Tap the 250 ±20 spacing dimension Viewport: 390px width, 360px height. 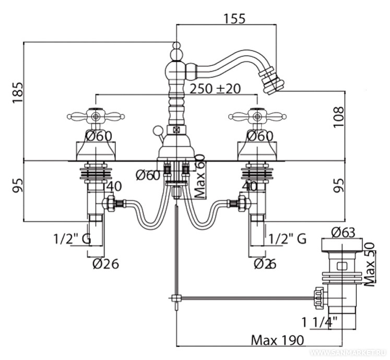pyautogui.click(x=216, y=89)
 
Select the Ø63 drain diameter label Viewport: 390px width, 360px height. pyautogui.click(x=343, y=231)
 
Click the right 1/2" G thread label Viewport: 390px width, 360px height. pyautogui.click(x=287, y=239)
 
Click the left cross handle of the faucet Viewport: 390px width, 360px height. pyautogui.click(x=95, y=115)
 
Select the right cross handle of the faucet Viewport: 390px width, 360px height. pyautogui.click(x=256, y=115)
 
